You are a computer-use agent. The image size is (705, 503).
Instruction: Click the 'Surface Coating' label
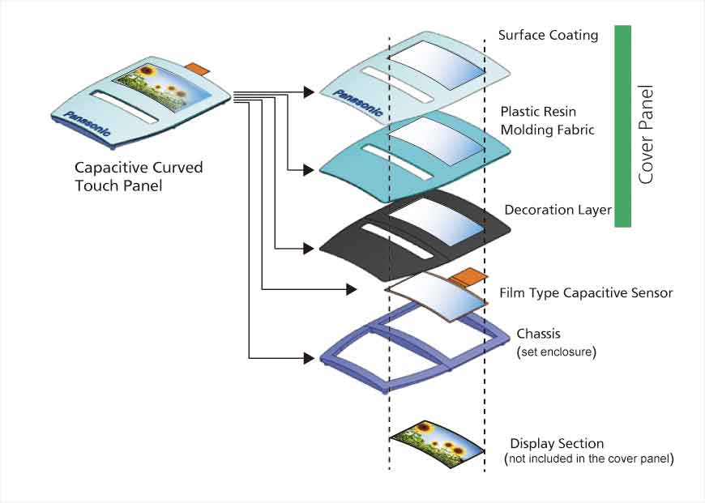(548, 35)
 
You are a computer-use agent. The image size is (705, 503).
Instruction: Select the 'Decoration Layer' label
(558, 211)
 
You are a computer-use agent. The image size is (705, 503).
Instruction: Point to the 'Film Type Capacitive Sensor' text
(586, 292)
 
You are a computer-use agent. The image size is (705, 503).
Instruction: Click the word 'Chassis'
(538, 334)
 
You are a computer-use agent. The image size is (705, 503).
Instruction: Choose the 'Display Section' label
(557, 444)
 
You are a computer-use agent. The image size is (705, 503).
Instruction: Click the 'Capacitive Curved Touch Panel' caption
(139, 176)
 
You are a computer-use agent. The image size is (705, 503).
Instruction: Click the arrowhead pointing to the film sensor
(352, 288)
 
